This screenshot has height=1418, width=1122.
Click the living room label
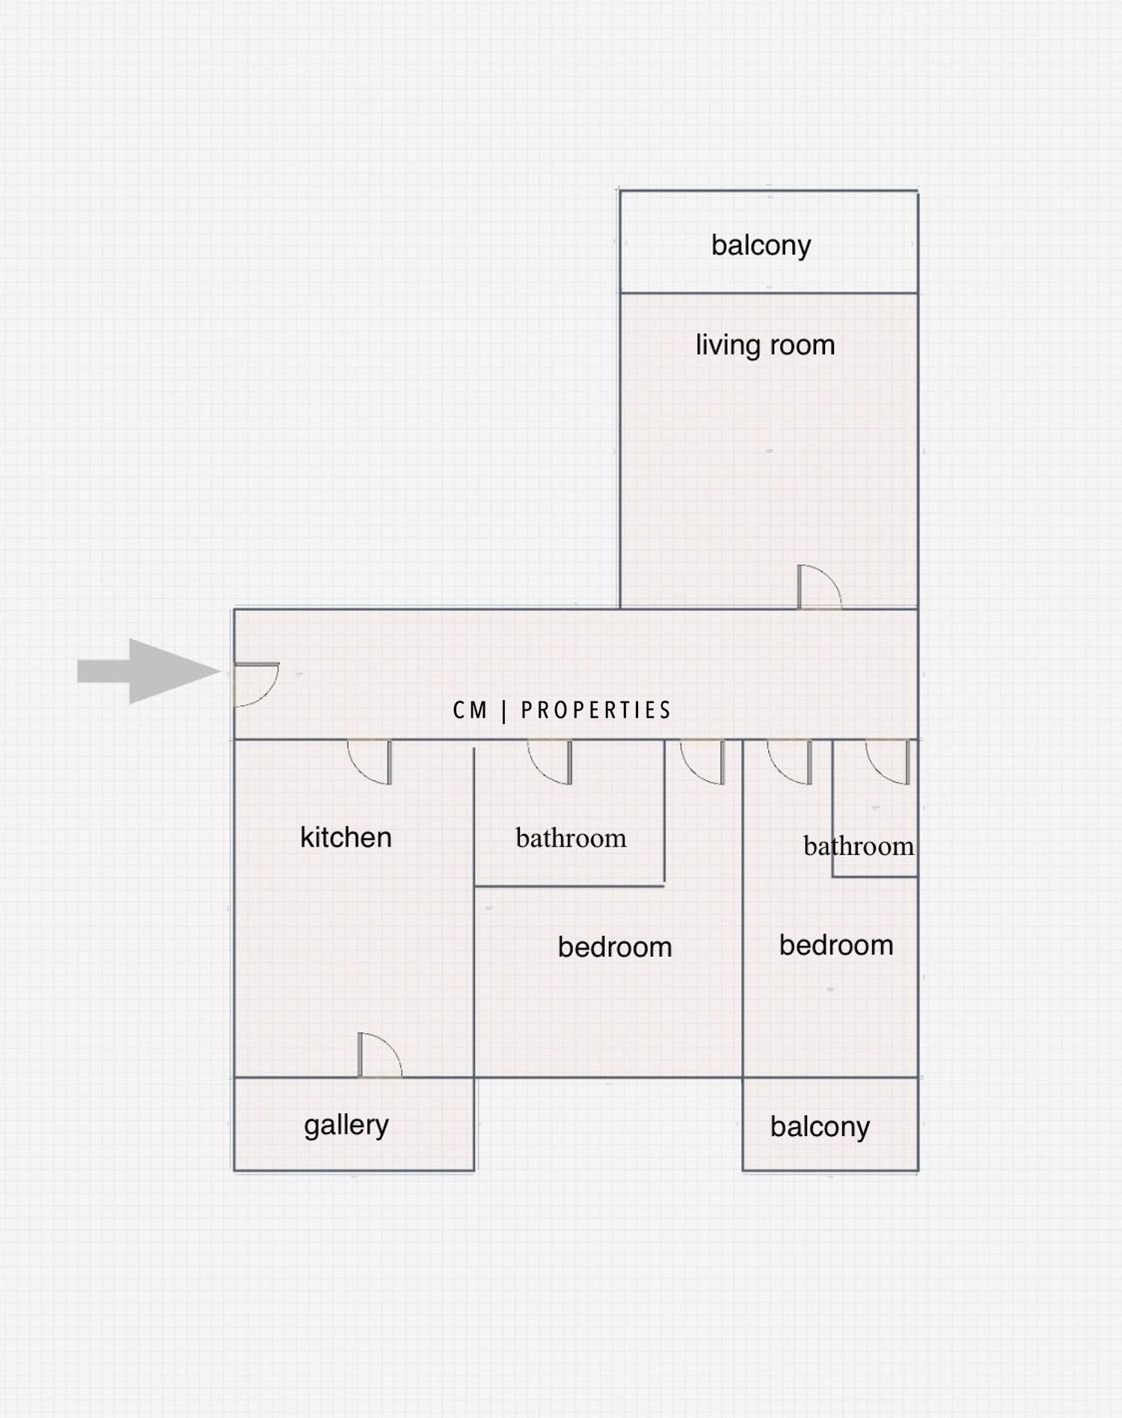[x=764, y=346]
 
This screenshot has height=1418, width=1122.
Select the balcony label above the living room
[x=761, y=245]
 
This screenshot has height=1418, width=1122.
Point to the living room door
[x=819, y=588]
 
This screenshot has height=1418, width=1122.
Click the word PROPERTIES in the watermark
[x=595, y=710]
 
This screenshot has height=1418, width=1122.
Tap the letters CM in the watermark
[x=470, y=710]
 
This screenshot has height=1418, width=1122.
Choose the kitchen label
[x=346, y=838]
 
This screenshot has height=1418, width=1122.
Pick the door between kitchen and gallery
[x=379, y=1055]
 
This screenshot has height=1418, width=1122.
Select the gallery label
[x=346, y=1126]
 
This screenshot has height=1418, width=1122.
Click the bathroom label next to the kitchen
[x=571, y=838]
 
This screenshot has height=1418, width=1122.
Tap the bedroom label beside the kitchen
[x=614, y=948]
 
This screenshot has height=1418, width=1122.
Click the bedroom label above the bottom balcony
[x=836, y=945]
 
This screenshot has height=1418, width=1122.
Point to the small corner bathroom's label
[x=858, y=847]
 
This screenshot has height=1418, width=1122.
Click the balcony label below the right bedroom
[x=820, y=1127]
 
